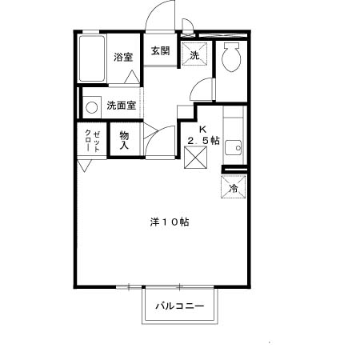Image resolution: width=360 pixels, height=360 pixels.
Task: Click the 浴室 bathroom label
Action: pos(123,57)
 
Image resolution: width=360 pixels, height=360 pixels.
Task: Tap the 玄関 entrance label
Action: pos(161,50)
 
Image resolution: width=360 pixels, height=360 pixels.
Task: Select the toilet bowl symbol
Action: pos(231,57)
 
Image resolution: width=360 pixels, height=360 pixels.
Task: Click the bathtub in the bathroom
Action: pos(92,58)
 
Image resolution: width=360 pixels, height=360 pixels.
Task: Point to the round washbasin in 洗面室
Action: pos(92,107)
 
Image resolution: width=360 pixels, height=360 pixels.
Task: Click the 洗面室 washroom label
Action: pos(122,106)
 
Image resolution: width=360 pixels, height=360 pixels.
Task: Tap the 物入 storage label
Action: pos(124,140)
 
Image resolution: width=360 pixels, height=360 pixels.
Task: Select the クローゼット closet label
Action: pos(93,141)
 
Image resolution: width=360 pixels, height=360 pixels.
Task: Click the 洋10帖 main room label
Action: pos(170,222)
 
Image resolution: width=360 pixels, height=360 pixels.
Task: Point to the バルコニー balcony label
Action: pos(180,306)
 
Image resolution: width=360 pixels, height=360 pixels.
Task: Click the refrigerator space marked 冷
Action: pos(234,186)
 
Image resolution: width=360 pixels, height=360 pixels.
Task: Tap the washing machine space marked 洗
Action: pos(194,54)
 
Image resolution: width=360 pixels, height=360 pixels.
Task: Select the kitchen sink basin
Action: pos(233,147)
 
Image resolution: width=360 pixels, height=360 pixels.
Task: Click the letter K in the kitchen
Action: pos(203,130)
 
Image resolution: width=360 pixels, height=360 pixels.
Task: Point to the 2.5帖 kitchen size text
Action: pos(203,140)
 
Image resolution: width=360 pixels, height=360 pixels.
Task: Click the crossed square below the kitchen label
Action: pos(196,158)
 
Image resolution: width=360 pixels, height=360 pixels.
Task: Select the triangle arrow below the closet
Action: pos(84,166)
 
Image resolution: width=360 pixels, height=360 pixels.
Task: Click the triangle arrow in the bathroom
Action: pos(132,77)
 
